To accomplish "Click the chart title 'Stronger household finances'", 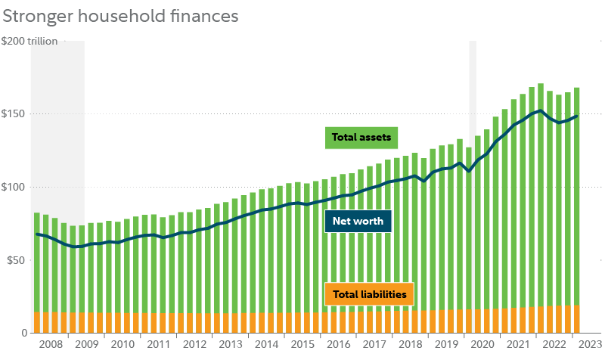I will (122, 14).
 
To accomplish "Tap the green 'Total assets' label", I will (362, 138).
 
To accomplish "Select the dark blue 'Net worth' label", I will (358, 222).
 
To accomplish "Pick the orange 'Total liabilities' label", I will (369, 294).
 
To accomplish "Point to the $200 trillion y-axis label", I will (29, 42).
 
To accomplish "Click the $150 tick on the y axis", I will (14, 113).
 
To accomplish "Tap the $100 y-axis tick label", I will (14, 187).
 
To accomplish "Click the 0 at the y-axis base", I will (23, 333).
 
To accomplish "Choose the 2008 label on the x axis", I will (50, 345).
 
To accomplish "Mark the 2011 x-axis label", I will (158, 345).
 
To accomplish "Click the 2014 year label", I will (266, 345).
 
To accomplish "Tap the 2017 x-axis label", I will (374, 345).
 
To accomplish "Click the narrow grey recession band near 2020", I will (473, 76).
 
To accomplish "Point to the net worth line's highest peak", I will (538, 111).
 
